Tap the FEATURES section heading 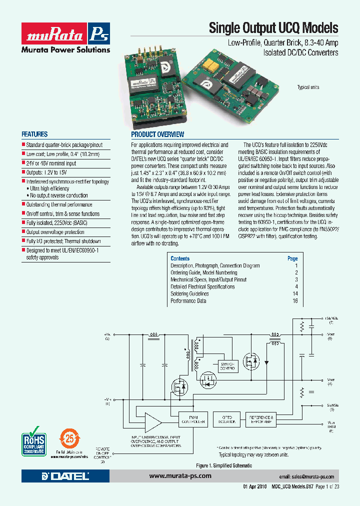point(34,134)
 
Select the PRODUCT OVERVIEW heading point(157,134)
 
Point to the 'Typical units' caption point(308,87)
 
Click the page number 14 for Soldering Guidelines point(295,294)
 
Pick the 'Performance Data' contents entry point(188,301)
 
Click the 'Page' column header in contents point(292,258)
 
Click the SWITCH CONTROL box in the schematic point(226,366)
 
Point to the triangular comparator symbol point(152,420)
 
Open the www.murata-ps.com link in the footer point(180,476)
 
